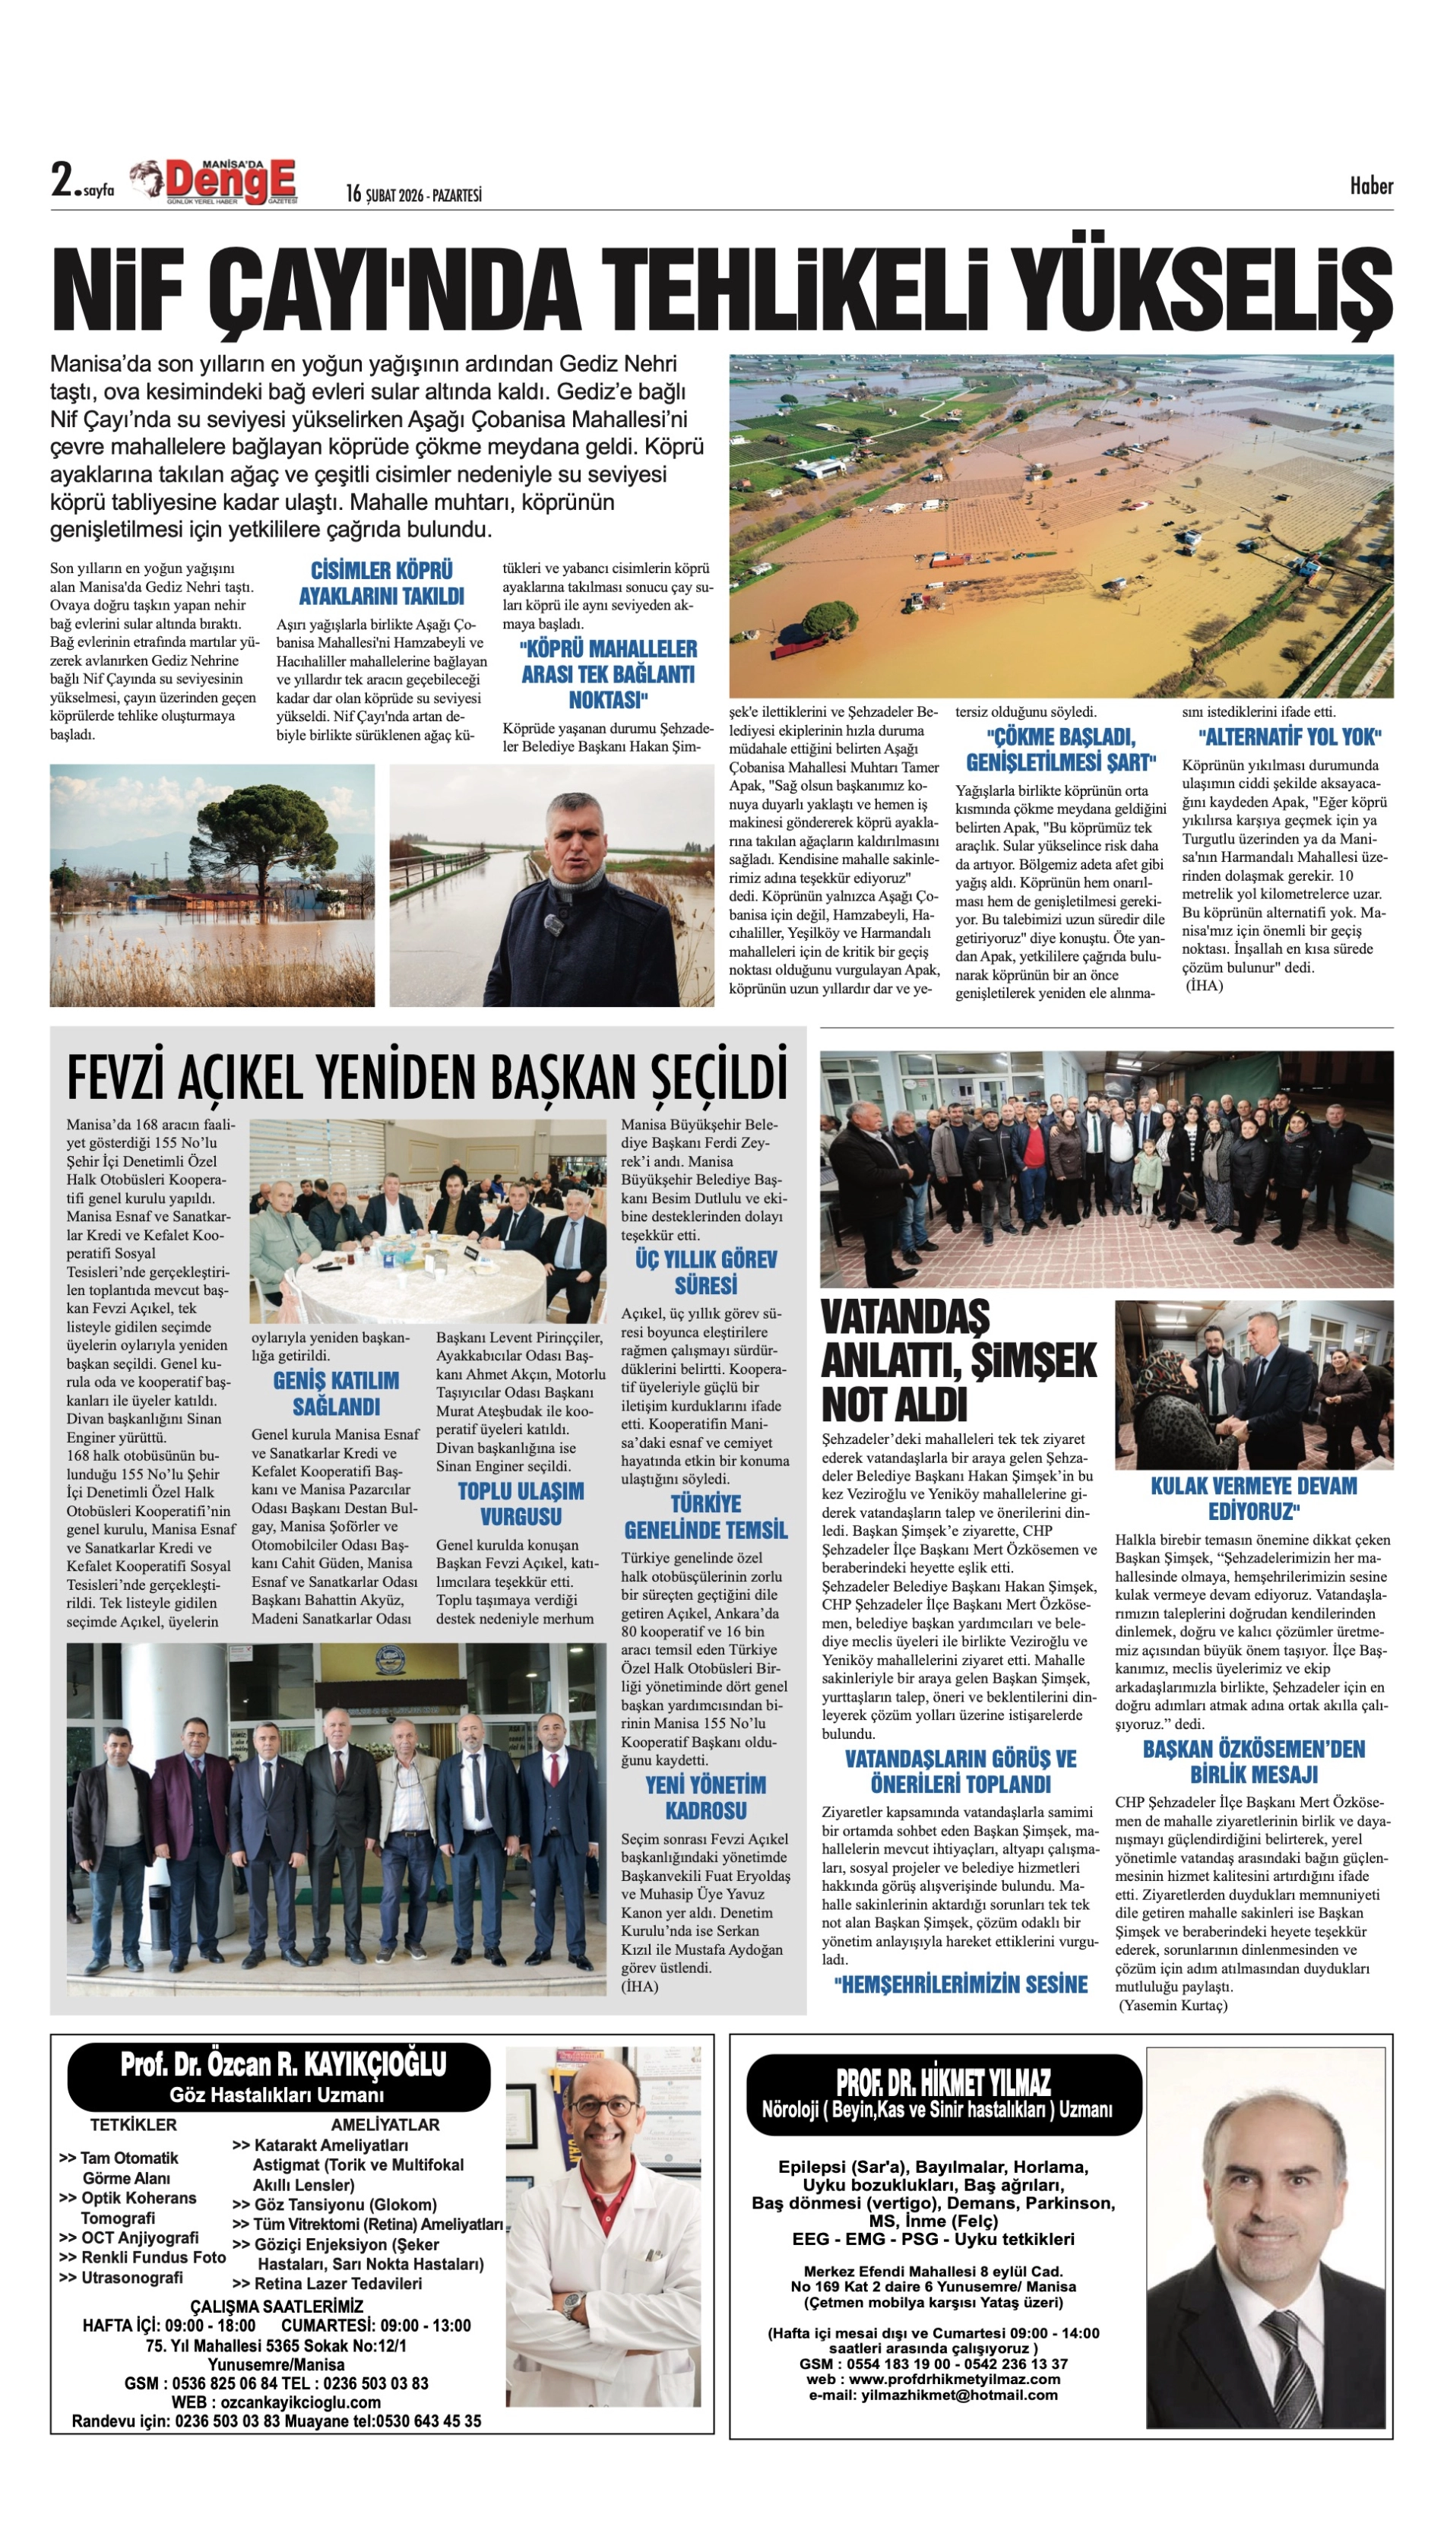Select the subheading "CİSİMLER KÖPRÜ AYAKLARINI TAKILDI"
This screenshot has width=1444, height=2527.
[382, 583]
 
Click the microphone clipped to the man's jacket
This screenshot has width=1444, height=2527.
[553, 926]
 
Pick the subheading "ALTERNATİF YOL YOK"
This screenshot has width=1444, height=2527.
[1289, 737]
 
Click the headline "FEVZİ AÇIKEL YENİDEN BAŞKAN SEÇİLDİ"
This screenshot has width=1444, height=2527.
[427, 1077]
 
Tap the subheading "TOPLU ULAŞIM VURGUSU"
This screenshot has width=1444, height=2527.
[521, 1503]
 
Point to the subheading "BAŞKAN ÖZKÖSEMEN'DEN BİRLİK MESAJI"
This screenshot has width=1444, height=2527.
[1253, 1762]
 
